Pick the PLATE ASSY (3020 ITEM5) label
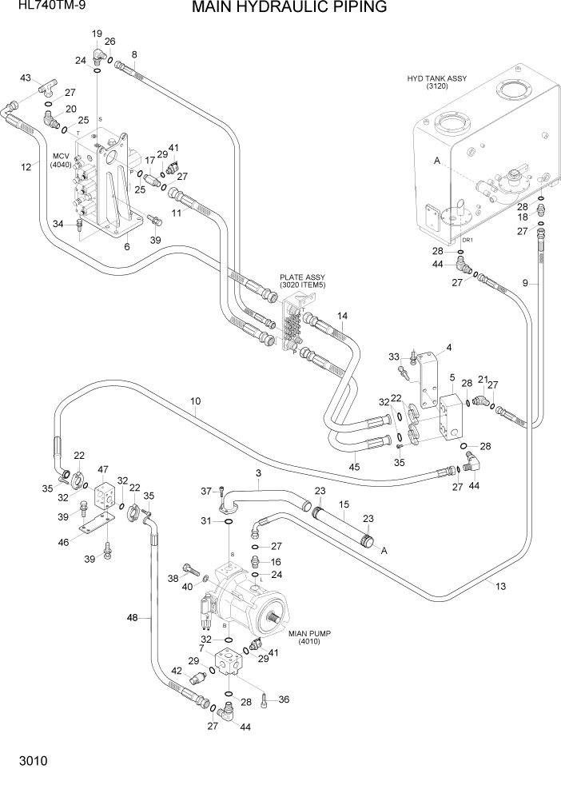(302, 281)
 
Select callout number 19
(97, 34)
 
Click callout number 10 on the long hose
(196, 401)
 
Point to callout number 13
(501, 587)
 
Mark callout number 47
(103, 469)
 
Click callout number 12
(26, 166)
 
